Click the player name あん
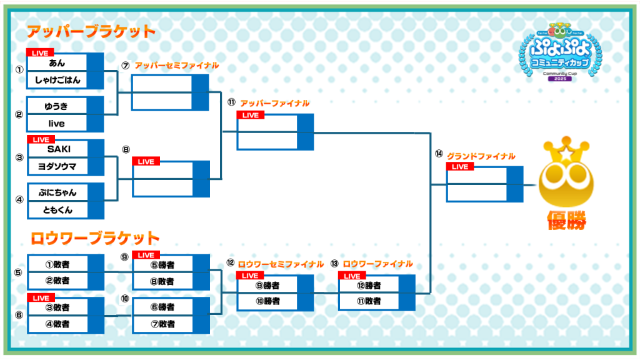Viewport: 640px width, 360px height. click(x=57, y=62)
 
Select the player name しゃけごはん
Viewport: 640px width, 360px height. click(x=57, y=79)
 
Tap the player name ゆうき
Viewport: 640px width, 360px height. click(x=57, y=106)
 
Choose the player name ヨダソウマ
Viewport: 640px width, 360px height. click(x=57, y=166)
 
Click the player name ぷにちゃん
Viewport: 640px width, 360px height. click(x=57, y=192)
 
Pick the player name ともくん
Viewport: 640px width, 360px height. click(x=57, y=210)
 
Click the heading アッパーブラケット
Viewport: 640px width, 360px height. click(x=91, y=31)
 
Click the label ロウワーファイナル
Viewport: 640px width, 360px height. click(x=378, y=264)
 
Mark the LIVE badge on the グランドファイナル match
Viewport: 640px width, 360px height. click(x=460, y=167)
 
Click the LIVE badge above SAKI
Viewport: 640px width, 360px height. click(x=41, y=139)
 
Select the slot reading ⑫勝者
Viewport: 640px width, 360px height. click(x=369, y=285)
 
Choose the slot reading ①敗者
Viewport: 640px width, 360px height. click(x=57, y=264)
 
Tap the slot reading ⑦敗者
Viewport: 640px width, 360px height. click(x=162, y=324)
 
